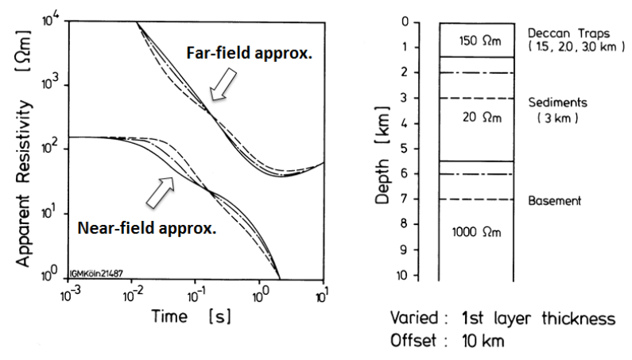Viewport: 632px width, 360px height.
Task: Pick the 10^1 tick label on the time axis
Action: point(322,293)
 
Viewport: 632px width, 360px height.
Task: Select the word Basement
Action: point(555,202)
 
